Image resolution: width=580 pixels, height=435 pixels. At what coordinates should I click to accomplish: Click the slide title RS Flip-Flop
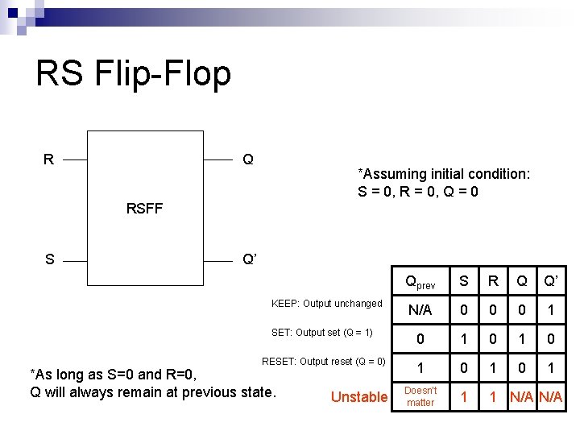(133, 74)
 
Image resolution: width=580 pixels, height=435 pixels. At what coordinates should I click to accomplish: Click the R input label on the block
(49, 159)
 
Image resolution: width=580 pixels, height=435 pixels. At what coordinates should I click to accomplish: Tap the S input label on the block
(50, 259)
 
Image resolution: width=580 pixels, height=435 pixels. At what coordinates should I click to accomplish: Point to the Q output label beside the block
(248, 159)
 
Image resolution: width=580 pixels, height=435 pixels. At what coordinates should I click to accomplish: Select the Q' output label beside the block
(250, 259)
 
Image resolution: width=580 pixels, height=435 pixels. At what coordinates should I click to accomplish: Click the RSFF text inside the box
(144, 209)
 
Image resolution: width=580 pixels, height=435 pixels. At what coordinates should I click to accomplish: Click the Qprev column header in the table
(420, 283)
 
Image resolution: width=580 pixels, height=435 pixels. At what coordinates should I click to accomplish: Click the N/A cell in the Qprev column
(420, 310)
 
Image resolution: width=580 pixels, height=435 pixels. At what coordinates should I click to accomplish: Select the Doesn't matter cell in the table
(420, 396)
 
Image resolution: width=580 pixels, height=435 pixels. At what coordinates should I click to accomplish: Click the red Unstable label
(359, 396)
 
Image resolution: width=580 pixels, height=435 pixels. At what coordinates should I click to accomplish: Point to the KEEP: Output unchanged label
(326, 304)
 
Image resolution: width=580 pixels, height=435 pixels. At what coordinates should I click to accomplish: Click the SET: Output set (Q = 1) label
(322, 333)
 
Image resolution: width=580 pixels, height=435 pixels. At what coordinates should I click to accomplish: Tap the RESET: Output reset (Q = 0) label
(324, 362)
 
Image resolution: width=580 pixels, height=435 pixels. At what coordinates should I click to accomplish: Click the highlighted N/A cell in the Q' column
(551, 396)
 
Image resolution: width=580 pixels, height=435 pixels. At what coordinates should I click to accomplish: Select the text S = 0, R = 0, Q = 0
(418, 192)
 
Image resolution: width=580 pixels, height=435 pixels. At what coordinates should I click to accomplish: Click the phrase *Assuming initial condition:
(443, 175)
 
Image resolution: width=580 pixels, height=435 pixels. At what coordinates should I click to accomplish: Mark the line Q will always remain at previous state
(153, 393)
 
